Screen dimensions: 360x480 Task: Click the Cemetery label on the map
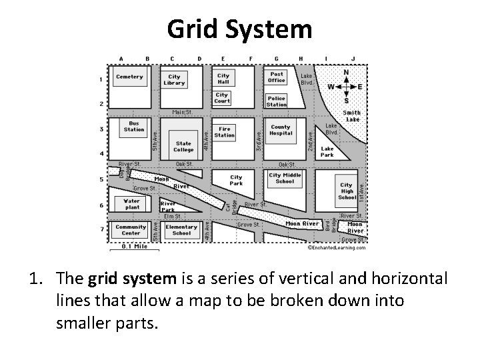pyautogui.click(x=129, y=77)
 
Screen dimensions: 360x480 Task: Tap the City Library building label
pyautogui.click(x=174, y=80)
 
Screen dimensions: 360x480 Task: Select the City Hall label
pyautogui.click(x=223, y=79)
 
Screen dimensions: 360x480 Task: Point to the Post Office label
pyautogui.click(x=277, y=77)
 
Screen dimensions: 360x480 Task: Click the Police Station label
pyautogui.click(x=276, y=101)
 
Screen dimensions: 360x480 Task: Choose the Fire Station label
pyautogui.click(x=225, y=132)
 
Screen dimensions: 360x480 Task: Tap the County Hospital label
pyautogui.click(x=281, y=130)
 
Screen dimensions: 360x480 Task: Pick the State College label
pyautogui.click(x=183, y=147)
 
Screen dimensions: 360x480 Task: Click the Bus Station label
pyautogui.click(x=134, y=126)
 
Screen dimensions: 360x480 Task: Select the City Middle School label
pyautogui.click(x=285, y=179)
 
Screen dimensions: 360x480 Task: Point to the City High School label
pyautogui.click(x=347, y=191)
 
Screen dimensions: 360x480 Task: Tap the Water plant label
pyautogui.click(x=132, y=203)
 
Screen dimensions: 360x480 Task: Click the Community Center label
pyautogui.click(x=131, y=230)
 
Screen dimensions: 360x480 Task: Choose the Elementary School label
pyautogui.click(x=181, y=230)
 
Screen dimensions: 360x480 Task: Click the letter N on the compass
pyautogui.click(x=346, y=72)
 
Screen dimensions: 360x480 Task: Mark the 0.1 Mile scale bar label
pyautogui.click(x=135, y=246)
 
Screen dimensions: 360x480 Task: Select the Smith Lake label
pyautogui.click(x=352, y=116)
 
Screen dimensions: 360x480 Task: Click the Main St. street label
pyautogui.click(x=182, y=113)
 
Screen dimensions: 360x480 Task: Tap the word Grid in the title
pyautogui.click(x=197, y=29)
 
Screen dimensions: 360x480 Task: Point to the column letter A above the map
pyautogui.click(x=121, y=59)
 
